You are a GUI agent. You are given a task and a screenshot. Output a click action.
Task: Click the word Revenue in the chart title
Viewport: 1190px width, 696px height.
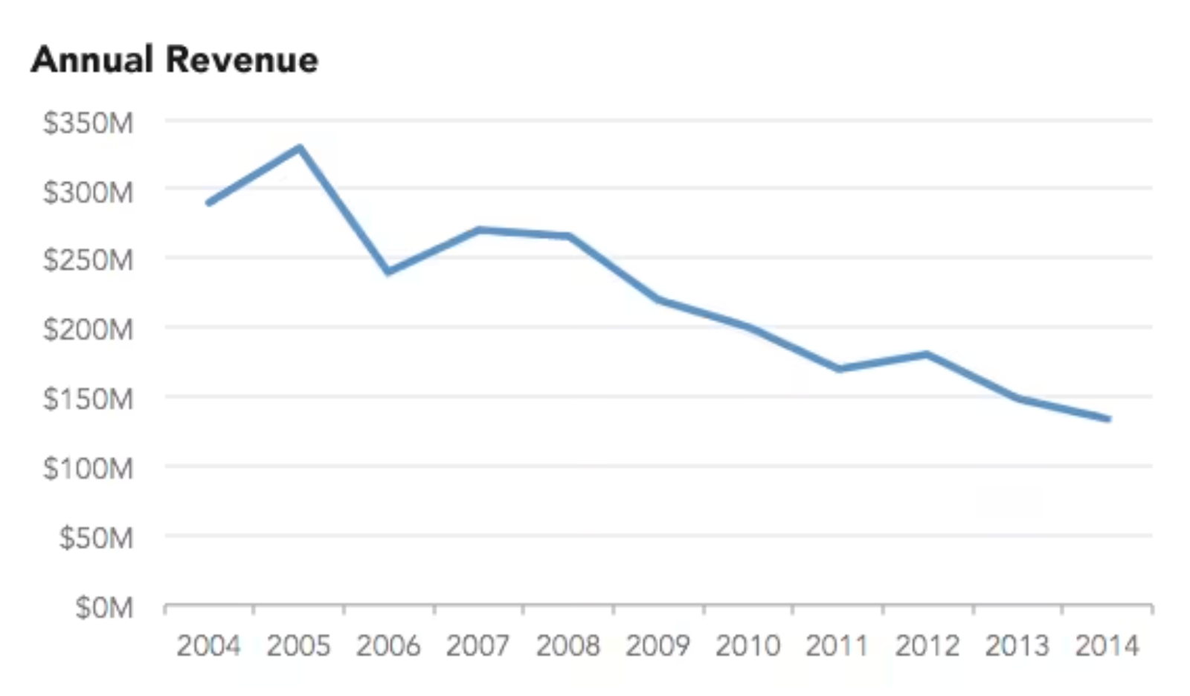[x=242, y=59]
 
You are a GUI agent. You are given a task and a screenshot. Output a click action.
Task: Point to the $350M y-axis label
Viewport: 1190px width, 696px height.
[x=88, y=123]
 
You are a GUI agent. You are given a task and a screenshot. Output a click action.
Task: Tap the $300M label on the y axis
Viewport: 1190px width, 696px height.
[x=88, y=192]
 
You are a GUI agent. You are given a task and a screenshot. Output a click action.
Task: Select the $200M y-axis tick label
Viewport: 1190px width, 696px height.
[x=88, y=329]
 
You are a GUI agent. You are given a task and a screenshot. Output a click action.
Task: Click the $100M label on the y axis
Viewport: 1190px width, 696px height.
[x=88, y=468]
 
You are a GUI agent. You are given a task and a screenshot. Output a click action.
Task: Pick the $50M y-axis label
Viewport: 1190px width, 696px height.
[x=96, y=538]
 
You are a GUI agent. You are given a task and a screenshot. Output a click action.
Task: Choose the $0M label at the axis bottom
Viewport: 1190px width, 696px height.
[x=104, y=608]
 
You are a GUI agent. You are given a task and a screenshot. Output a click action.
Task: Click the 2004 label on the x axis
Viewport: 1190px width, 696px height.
[x=208, y=645]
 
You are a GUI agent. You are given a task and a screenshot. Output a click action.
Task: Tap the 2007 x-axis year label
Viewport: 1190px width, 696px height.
[x=477, y=645]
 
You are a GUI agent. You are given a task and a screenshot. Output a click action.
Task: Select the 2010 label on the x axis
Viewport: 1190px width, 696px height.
[x=747, y=645]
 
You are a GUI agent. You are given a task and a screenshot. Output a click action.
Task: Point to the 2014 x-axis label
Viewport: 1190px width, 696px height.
[x=1107, y=645]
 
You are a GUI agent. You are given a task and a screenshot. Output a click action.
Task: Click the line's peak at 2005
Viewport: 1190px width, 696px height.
[x=300, y=147]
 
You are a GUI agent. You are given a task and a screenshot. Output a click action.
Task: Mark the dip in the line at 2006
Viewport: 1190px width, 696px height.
[x=388, y=272]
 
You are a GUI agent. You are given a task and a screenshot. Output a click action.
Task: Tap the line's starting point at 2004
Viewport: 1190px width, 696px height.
[x=209, y=202]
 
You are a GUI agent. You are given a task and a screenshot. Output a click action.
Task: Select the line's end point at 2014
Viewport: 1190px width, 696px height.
[x=1108, y=419]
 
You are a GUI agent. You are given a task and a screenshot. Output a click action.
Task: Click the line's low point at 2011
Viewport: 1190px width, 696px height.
[x=838, y=369]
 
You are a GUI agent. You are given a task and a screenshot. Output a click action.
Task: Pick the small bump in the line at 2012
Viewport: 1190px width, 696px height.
[x=927, y=354]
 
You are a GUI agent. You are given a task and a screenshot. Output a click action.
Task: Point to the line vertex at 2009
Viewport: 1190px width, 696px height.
[x=658, y=300]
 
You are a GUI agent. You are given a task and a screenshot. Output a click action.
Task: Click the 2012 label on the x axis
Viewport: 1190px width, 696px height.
[x=927, y=645]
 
